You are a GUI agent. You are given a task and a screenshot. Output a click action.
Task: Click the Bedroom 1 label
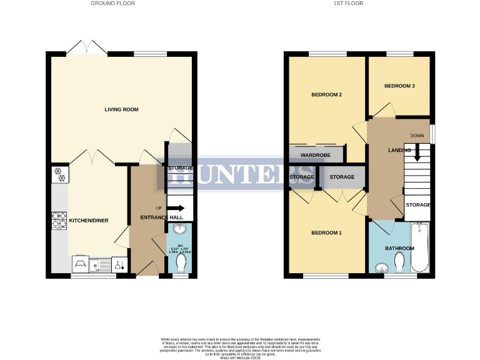point(326,233)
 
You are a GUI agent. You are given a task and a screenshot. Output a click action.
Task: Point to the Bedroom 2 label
point(326,95)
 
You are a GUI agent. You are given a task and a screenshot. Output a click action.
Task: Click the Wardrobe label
point(315,154)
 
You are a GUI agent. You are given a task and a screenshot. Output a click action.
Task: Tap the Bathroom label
point(399,248)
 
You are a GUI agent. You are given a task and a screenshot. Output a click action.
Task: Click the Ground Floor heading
point(112,4)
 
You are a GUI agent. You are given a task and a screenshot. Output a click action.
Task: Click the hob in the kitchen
point(59,220)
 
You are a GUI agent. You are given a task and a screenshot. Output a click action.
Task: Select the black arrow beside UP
point(176,210)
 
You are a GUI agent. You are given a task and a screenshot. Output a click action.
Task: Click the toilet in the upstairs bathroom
point(400,266)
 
